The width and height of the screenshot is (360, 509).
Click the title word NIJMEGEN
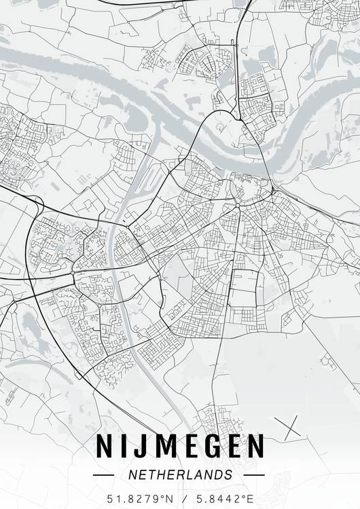coord(180,446)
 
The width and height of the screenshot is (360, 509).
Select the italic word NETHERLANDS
coord(180,475)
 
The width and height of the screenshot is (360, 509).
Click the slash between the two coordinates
coord(183,499)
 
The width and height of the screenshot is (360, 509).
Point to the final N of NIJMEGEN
coord(254,446)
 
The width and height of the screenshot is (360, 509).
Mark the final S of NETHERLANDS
coord(228,475)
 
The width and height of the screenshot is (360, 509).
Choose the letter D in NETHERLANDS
coord(217,475)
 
